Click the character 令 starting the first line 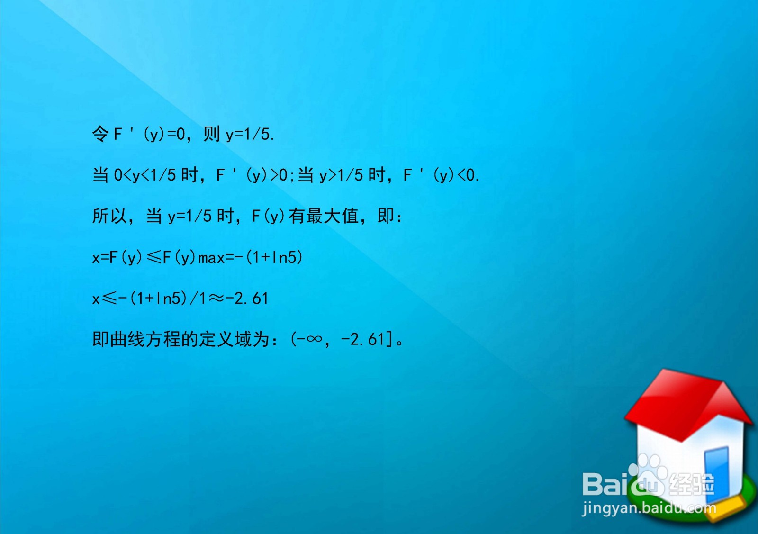pyautogui.click(x=100, y=134)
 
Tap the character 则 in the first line pyautogui.click(x=211, y=134)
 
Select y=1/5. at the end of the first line pyautogui.click(x=250, y=135)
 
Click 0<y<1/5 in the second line pyautogui.click(x=145, y=176)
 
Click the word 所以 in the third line pyautogui.click(x=109, y=217)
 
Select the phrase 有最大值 pyautogui.click(x=324, y=217)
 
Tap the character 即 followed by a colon pyautogui.click(x=386, y=217)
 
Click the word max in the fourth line pyautogui.click(x=211, y=258)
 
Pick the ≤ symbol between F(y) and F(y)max pyautogui.click(x=154, y=257)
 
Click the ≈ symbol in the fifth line pyautogui.click(x=217, y=299)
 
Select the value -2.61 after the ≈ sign pyautogui.click(x=247, y=299)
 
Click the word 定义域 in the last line pyautogui.click(x=225, y=339)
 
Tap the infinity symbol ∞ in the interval pyautogui.click(x=314, y=339)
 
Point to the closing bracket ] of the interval pyautogui.click(x=389, y=339)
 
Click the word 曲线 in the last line pyautogui.click(x=127, y=339)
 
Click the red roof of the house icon pyautogui.click(x=682, y=403)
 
